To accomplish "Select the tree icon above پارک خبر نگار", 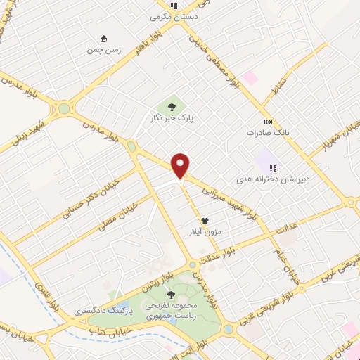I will [x=170, y=107].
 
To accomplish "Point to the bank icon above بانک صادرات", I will [x=267, y=120].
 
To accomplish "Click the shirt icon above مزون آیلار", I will [x=205, y=220].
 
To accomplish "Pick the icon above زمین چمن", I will [x=104, y=39].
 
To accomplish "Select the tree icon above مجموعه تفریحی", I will [x=170, y=294].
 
